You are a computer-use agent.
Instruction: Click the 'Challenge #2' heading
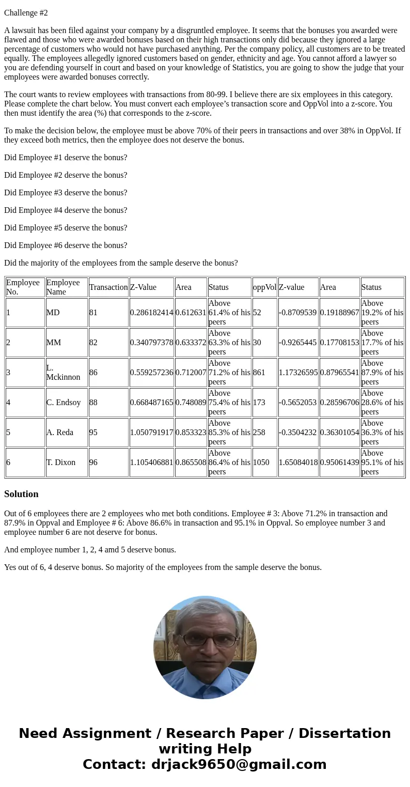coord(26,13)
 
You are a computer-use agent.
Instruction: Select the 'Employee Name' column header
coord(63,287)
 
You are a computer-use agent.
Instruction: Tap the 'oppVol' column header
coord(264,287)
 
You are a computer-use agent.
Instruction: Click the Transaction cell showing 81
coord(93,313)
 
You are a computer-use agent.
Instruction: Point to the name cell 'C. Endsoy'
coord(64,403)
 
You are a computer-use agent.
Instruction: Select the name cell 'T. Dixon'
coord(61,462)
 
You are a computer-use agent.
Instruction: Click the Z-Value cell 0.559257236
coord(152,373)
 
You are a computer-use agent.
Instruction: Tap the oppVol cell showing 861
coord(259,373)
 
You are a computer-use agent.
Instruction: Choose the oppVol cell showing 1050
coord(261,462)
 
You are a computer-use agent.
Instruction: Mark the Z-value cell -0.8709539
coord(298,313)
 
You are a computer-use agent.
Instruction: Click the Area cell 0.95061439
coord(339,462)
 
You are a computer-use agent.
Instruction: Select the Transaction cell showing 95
coord(93,433)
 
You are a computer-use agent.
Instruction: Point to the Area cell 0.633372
coord(191,343)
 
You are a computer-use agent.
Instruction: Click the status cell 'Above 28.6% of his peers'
coord(382,403)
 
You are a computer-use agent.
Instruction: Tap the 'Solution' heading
coord(21,494)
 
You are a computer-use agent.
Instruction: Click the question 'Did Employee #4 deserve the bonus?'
coord(66,210)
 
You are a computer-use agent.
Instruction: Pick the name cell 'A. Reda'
coord(60,433)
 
